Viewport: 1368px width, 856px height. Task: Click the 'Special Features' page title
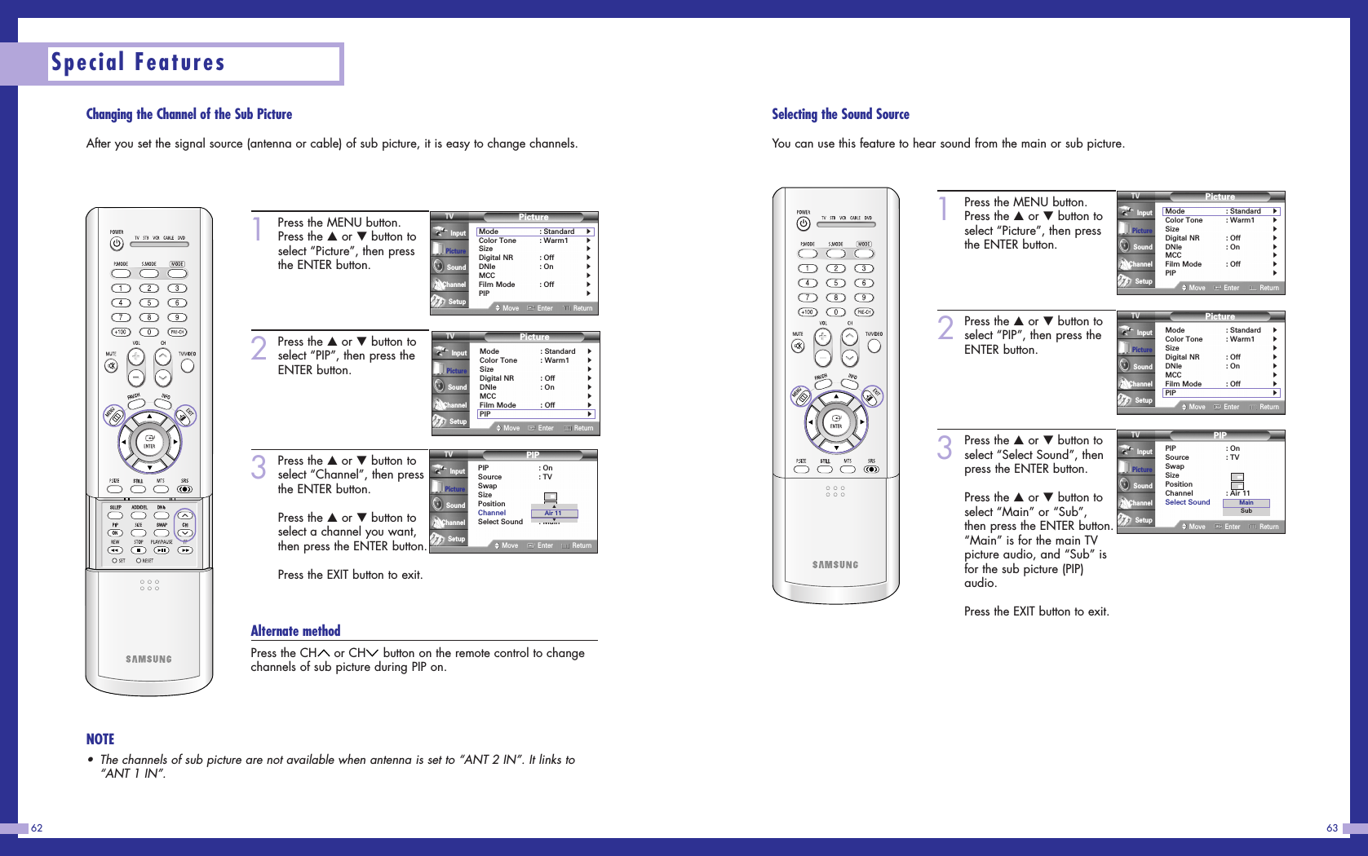coord(138,63)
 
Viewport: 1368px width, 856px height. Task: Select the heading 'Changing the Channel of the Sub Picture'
coord(188,114)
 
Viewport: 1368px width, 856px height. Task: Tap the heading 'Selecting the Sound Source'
coord(840,114)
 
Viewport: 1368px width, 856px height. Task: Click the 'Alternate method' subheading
coord(295,631)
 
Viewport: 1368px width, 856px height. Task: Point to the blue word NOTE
coord(100,739)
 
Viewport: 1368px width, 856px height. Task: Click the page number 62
coord(37,828)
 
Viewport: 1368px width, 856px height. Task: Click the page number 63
coord(1332,828)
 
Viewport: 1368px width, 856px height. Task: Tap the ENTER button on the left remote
coord(149,442)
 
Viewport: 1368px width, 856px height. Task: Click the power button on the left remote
coord(117,243)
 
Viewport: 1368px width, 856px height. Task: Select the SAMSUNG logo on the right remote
coord(835,564)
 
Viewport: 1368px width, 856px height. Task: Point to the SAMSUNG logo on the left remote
coord(148,659)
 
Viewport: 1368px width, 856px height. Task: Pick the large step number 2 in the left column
coord(259,348)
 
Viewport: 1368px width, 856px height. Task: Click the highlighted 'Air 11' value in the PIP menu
coord(554,513)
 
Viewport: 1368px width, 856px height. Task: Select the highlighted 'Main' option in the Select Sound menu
coord(1246,502)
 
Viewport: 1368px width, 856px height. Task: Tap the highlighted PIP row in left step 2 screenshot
coord(535,414)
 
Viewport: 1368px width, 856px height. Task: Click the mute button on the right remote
coord(797,346)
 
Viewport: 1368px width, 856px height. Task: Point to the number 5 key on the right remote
coord(835,283)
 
